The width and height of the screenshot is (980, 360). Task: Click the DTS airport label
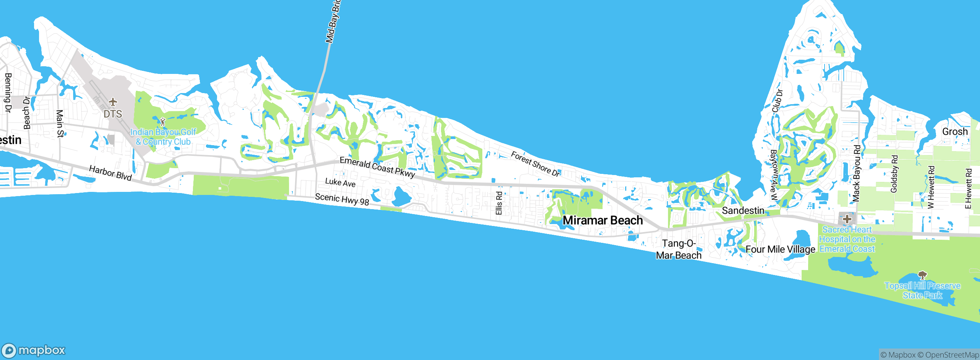(x=113, y=114)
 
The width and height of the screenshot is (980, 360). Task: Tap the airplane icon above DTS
(x=113, y=102)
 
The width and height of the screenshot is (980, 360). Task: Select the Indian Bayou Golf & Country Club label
(x=163, y=137)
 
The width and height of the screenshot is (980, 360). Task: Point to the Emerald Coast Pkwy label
(x=377, y=167)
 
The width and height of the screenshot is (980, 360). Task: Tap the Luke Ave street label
(x=340, y=183)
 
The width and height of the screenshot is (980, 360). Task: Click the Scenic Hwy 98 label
(x=342, y=199)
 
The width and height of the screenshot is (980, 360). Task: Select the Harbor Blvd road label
(x=110, y=173)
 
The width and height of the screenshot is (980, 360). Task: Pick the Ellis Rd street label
(x=499, y=203)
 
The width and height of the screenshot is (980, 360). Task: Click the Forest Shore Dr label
(x=535, y=164)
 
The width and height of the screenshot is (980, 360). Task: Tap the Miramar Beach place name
(x=603, y=220)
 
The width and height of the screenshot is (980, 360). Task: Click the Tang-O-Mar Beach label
(x=679, y=249)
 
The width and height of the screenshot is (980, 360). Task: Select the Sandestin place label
(x=743, y=211)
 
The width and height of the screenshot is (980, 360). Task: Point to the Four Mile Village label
(x=780, y=249)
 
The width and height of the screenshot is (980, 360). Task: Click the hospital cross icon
(x=847, y=219)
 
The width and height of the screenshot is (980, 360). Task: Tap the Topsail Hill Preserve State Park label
(x=922, y=290)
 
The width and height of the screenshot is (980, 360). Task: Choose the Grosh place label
(x=955, y=132)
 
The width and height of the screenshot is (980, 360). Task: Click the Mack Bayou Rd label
(x=857, y=173)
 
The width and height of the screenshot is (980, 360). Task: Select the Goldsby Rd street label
(x=894, y=173)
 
